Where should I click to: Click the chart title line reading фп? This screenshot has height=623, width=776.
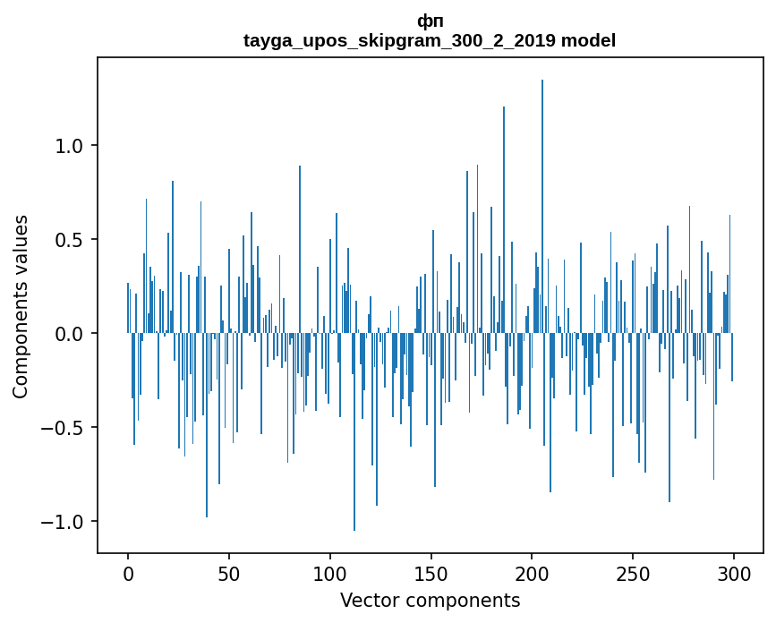pos(430,21)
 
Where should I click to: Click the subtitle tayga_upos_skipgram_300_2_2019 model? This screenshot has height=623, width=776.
pos(430,40)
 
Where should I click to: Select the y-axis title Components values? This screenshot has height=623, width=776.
pos(21,306)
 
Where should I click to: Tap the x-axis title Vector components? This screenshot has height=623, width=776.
pos(430,601)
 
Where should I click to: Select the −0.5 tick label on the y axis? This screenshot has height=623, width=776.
pos(66,428)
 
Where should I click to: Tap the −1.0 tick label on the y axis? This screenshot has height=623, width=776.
pos(66,522)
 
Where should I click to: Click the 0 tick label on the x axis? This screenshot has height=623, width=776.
pos(128,573)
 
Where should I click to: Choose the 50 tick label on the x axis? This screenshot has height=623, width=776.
pos(229,573)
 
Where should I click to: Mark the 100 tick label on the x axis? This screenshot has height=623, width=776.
pos(330,573)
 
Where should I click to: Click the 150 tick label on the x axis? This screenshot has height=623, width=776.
pos(431,573)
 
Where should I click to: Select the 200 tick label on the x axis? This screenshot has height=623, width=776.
pos(532,573)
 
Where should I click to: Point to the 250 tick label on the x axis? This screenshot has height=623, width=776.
pos(633,573)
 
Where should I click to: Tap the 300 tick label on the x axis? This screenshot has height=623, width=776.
pos(734,573)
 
